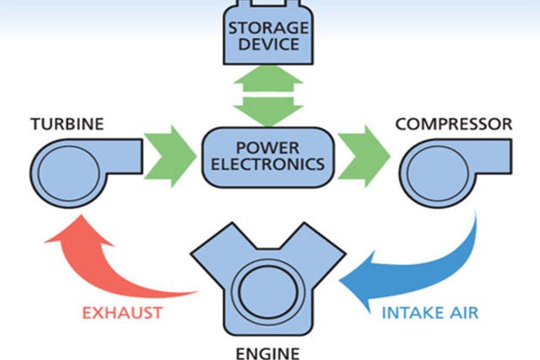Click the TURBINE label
67,124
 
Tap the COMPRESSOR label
453,124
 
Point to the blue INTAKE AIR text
431,314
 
